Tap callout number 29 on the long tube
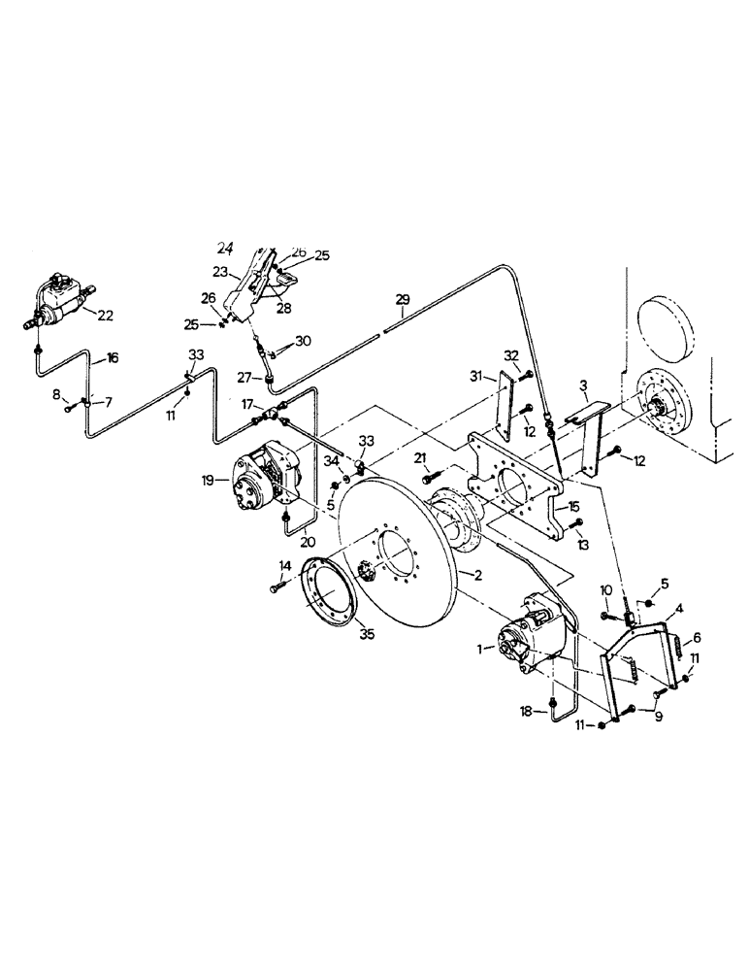(x=403, y=301)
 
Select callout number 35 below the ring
(x=338, y=636)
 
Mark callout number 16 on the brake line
(x=113, y=358)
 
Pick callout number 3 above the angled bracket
(x=583, y=385)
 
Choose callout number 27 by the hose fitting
(x=245, y=379)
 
